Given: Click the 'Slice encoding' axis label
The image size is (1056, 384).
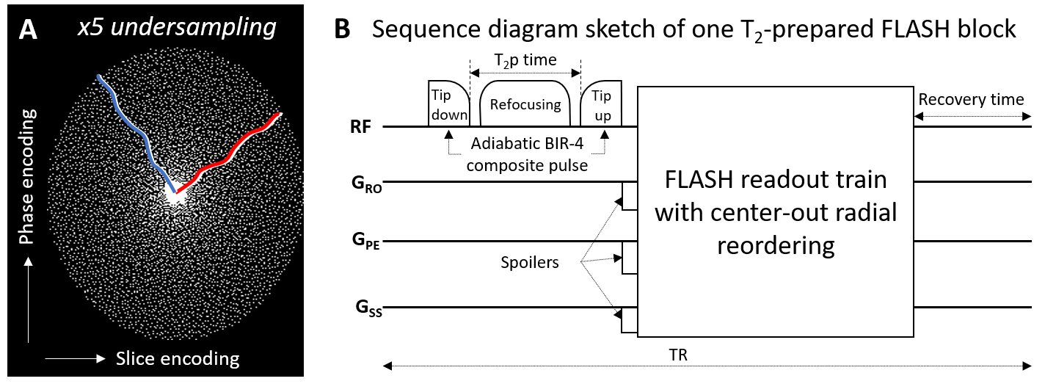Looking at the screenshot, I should point(177,358).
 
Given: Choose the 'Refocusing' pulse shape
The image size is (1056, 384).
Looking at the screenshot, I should point(525,104).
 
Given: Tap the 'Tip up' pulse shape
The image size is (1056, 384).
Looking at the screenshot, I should point(601,104).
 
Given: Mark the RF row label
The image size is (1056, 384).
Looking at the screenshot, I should point(361,127).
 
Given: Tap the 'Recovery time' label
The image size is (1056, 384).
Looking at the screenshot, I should point(971,99).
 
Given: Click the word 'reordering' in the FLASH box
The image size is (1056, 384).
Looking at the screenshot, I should point(776,244).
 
